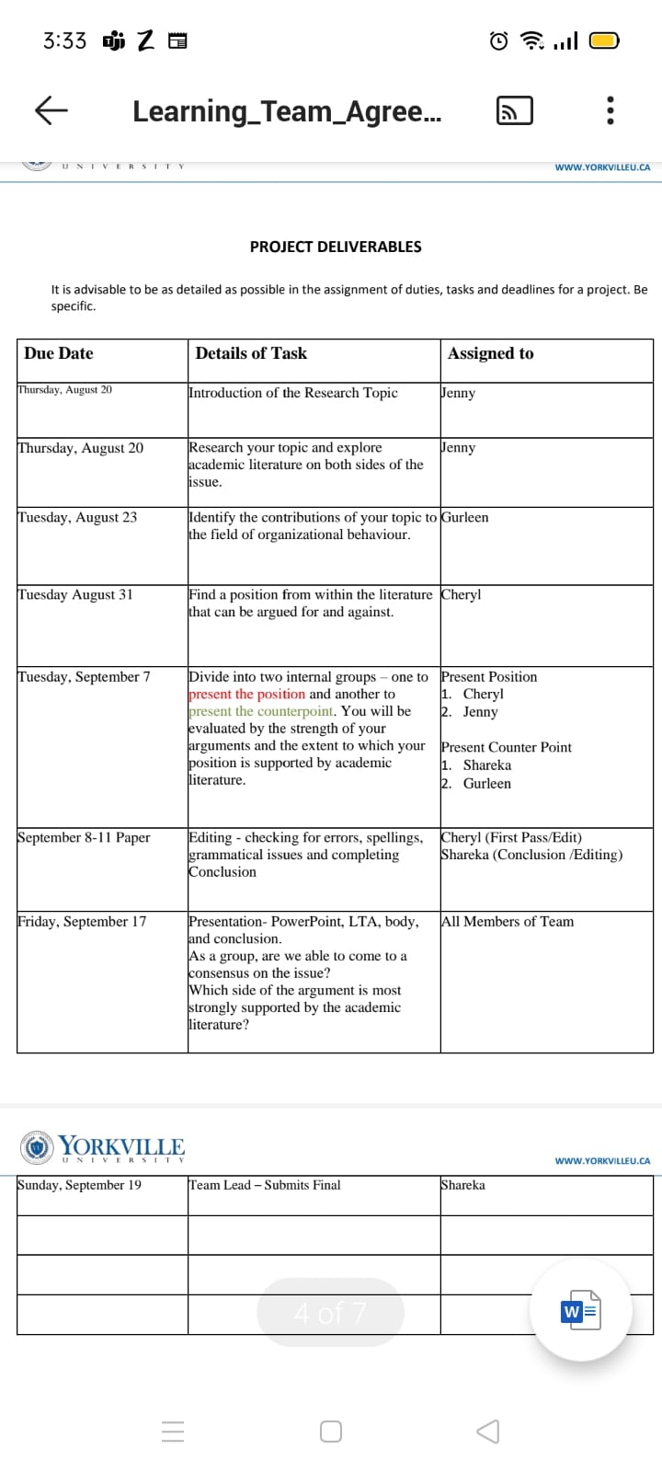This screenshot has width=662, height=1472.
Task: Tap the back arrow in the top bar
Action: [x=51, y=110]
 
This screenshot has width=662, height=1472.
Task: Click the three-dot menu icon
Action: [x=610, y=111]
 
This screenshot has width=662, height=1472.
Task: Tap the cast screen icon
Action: [x=514, y=110]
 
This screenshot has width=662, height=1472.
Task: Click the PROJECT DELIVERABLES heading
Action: [x=336, y=247]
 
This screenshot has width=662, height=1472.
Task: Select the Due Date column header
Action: [x=59, y=353]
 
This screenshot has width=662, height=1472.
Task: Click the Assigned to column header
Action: [x=490, y=353]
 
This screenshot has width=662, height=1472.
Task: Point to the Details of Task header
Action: [x=251, y=353]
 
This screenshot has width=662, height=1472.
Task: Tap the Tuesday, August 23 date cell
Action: [x=77, y=517]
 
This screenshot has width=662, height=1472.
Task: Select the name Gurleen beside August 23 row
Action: [x=465, y=517]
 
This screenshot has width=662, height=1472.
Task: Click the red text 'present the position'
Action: [x=246, y=694]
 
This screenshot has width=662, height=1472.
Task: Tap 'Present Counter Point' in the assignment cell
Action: [x=507, y=747]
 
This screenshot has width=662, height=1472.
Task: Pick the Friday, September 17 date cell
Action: [x=82, y=921]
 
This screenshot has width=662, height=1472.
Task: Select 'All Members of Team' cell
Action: [x=508, y=921]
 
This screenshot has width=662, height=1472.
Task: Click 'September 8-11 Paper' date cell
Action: [x=84, y=837]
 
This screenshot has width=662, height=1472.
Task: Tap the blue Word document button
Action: [x=580, y=1311]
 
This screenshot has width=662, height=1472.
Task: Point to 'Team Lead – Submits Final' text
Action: [x=265, y=1185]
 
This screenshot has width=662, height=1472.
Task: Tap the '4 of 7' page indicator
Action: [x=330, y=1313]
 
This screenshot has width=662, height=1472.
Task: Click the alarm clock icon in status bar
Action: [x=498, y=40]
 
